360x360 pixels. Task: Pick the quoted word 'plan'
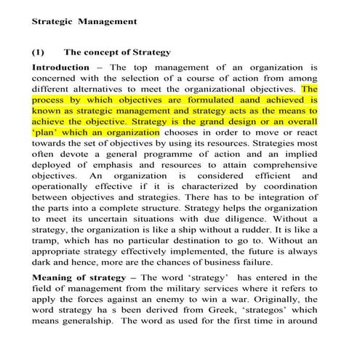click(47, 133)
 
